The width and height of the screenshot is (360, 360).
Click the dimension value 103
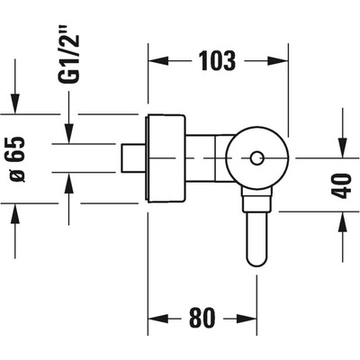click(x=218, y=61)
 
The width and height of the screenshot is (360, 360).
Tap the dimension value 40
click(x=343, y=185)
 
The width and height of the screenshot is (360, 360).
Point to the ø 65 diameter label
click(x=16, y=159)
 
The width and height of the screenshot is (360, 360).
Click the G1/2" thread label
click(x=69, y=59)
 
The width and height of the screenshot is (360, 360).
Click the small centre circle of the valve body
click(x=256, y=158)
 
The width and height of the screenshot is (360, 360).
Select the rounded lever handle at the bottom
click(x=256, y=239)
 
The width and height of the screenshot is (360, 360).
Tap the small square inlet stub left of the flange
click(x=134, y=158)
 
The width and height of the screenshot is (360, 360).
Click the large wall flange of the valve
click(x=166, y=158)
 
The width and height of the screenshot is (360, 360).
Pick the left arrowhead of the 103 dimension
click(x=158, y=61)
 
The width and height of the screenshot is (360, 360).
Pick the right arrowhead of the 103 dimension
click(x=278, y=61)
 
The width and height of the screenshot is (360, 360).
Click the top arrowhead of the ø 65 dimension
click(x=15, y=103)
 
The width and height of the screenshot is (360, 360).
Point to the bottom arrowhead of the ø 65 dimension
click(x=15, y=213)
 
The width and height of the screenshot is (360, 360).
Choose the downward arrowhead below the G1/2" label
click(x=69, y=134)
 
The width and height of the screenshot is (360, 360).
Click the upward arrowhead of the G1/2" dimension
click(x=69, y=183)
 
